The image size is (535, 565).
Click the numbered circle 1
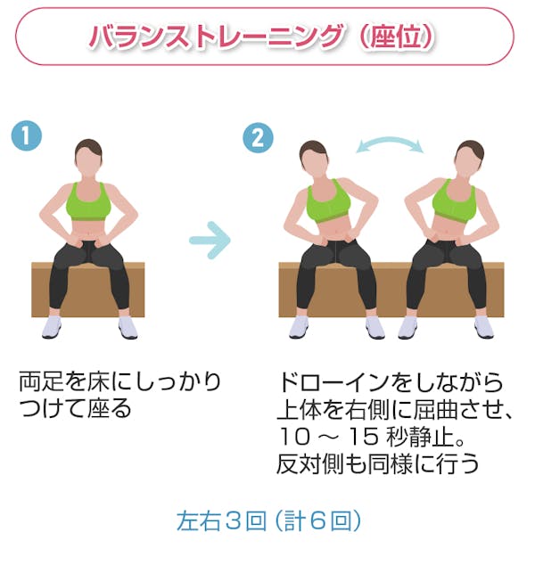(x=27, y=135)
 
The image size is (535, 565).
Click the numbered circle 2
(x=258, y=138)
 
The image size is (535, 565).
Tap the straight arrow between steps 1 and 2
(x=210, y=240)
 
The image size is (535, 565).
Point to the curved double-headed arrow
(x=390, y=142)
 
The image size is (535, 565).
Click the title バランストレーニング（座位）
(x=262, y=37)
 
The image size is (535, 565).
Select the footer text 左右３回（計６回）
(x=268, y=520)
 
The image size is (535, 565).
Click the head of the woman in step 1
(x=88, y=157)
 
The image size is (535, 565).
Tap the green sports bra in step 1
(x=88, y=202)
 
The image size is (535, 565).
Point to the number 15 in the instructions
(x=364, y=437)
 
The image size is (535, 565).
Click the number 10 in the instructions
(x=294, y=437)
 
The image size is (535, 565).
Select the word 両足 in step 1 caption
(x=41, y=382)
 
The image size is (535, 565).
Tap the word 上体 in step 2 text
(x=300, y=409)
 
